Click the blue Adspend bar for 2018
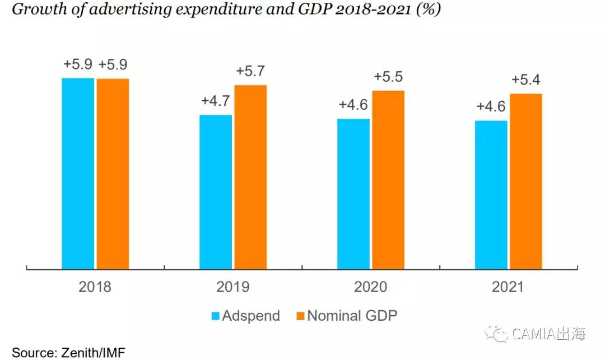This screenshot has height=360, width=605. pyautogui.click(x=78, y=174)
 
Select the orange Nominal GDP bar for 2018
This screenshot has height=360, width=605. pyautogui.click(x=113, y=174)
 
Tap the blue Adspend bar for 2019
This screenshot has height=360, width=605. pyautogui.click(x=216, y=192)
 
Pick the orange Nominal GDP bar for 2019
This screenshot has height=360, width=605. pyautogui.click(x=250, y=177)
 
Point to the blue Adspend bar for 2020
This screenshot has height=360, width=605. pyautogui.click(x=353, y=194)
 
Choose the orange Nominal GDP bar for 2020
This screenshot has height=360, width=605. pyautogui.click(x=388, y=180)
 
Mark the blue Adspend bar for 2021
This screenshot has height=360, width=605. pyautogui.click(x=491, y=195)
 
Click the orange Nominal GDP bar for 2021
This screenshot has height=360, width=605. pyautogui.click(x=526, y=181)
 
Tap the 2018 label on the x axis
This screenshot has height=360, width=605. pyautogui.click(x=95, y=287)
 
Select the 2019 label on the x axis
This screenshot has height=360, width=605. pyautogui.click(x=233, y=287)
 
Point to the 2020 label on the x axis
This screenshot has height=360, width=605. pyautogui.click(x=371, y=287)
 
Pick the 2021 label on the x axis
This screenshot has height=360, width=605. pyautogui.click(x=508, y=287)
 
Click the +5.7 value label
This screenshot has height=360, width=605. pyautogui.click(x=250, y=72)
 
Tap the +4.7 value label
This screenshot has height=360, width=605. pyautogui.click(x=216, y=101)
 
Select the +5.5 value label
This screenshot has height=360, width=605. pyautogui.click(x=388, y=77)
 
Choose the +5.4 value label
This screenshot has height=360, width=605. pyautogui.click(x=526, y=80)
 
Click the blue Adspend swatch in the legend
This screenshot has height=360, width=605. pyautogui.click(x=215, y=316)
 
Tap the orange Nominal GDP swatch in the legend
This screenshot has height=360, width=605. pyautogui.click(x=300, y=316)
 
